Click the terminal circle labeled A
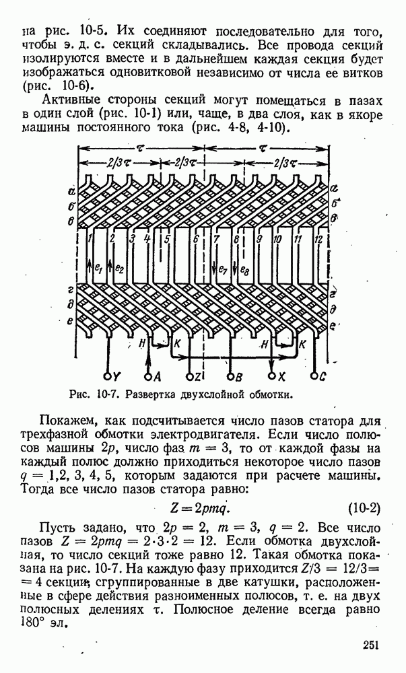click(148, 375)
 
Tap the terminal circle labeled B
click(231, 375)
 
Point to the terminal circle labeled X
click(272, 375)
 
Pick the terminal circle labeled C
click(314, 375)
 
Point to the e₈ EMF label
click(244, 270)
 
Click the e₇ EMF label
click(223, 270)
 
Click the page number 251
click(368, 645)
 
